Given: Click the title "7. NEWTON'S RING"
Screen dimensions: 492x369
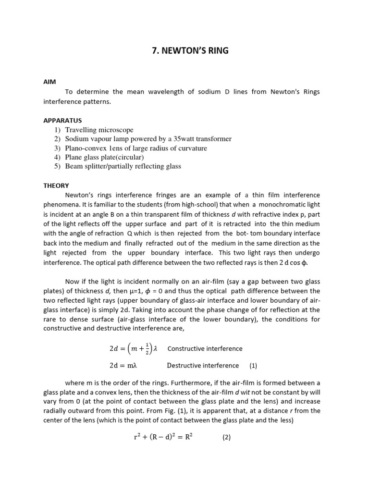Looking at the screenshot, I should coord(184,50).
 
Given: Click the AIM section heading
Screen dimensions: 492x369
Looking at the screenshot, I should coord(49,82).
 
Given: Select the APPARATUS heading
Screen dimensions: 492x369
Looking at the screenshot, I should coord(62,120).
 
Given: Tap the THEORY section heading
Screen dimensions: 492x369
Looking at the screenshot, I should coord(56,185).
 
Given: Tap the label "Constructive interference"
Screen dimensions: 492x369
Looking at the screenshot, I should coord(205,349).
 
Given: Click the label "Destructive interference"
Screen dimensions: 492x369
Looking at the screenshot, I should coord(203,366).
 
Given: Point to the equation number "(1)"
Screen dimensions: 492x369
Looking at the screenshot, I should coord(253,366).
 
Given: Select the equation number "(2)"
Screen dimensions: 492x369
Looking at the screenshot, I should coord(226,438).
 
